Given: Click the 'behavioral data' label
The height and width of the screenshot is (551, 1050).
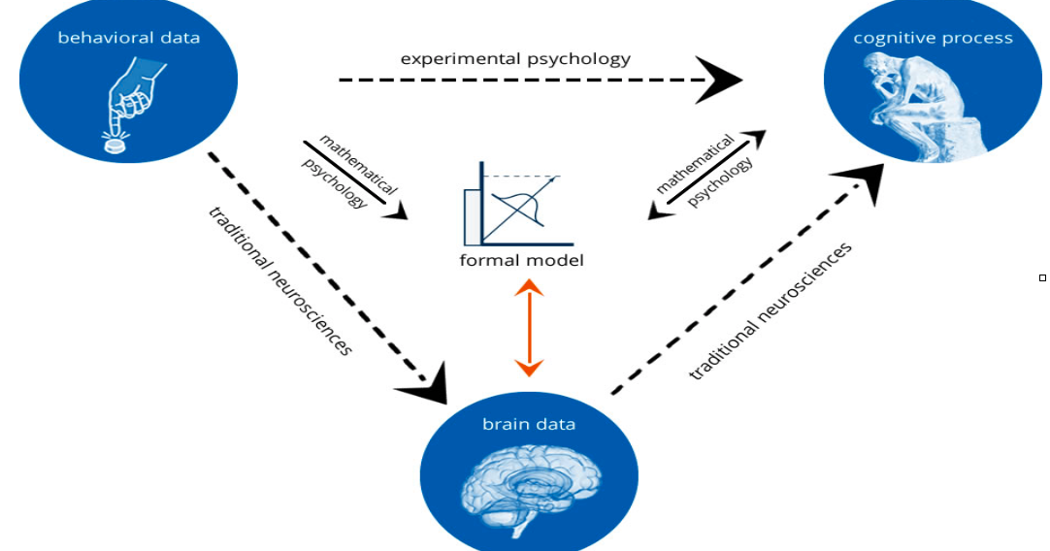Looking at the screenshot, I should coord(128,38).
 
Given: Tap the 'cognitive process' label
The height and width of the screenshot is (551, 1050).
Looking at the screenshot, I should coord(933,38).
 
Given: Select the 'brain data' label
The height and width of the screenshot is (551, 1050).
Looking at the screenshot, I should coord(529,424).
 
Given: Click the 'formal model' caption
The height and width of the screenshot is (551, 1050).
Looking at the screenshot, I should coord(522,261).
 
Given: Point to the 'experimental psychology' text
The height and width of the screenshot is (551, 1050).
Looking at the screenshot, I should coord(515,59).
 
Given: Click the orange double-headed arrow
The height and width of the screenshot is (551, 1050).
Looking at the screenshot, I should coord(529,328).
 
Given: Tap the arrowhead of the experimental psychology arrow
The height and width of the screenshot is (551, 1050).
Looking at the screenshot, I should coord(722,81).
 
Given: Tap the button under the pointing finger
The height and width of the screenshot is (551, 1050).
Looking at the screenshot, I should coord(115,144).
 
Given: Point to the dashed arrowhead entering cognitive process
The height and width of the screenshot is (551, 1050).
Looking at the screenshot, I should coord(863,181).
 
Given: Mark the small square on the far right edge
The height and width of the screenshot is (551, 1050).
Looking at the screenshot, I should coord(1042,277).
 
